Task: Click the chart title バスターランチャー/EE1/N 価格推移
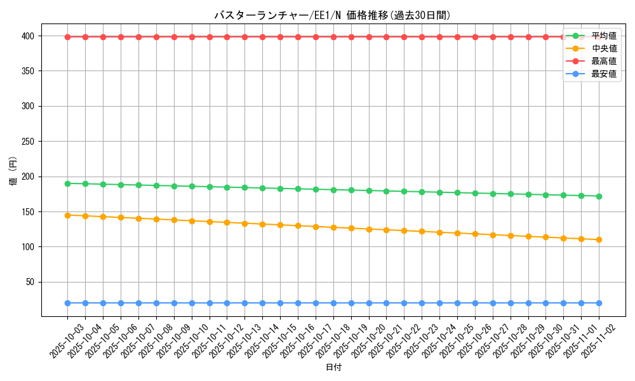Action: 332,15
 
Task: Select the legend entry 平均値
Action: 604,36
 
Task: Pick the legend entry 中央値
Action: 604,48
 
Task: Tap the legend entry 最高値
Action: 604,61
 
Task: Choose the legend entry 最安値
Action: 604,74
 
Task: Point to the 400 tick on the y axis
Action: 30,36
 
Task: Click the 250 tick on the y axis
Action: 30,142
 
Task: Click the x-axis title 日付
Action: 333,368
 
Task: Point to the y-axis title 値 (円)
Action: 13,171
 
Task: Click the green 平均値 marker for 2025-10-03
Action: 67,184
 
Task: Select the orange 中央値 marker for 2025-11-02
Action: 599,239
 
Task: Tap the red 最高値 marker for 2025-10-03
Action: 67,37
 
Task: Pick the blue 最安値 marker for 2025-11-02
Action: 599,303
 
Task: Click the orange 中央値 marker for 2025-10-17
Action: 316,227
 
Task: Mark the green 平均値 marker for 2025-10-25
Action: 457,192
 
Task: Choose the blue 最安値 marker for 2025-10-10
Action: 192,303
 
